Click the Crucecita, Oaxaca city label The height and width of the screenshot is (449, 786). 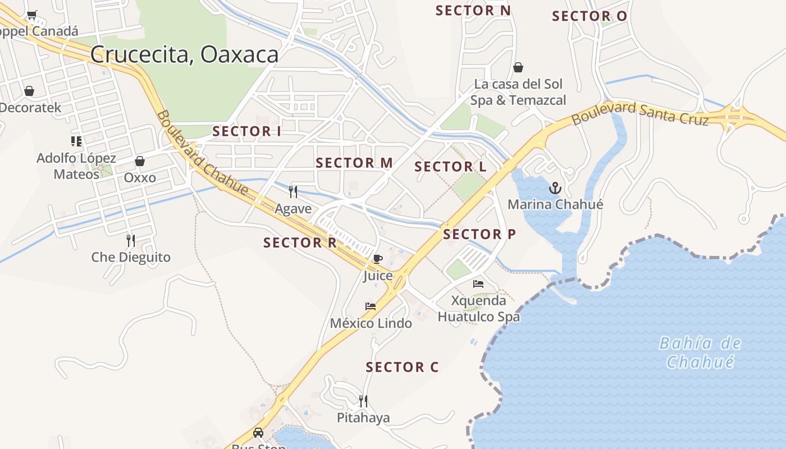coord(184,54)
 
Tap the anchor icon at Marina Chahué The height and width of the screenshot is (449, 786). coord(555,188)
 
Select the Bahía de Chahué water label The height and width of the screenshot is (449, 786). coord(700,352)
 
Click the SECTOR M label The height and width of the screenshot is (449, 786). coord(354,163)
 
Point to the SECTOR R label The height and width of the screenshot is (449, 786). coord(300,242)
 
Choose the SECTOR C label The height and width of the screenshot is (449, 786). coord(402,367)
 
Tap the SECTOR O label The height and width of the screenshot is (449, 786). coord(589,16)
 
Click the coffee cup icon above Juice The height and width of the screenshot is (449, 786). coord(378,259)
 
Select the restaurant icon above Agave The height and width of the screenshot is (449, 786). coord(293,192)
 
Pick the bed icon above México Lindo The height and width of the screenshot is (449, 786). coord(371,306)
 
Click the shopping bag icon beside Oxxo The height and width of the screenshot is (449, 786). coord(140,162)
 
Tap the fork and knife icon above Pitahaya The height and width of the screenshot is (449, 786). coord(363,401)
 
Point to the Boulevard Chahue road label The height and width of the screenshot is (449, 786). coord(202,153)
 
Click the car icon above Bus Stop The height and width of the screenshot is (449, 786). coord(258,433)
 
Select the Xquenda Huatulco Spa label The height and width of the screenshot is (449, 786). coord(479,309)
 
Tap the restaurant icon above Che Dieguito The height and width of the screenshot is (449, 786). coord(131,241)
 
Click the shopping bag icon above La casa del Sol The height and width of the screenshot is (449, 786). coord(518,67)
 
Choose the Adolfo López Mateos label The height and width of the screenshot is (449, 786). coord(76,166)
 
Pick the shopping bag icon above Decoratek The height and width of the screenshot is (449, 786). coord(29,91)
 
